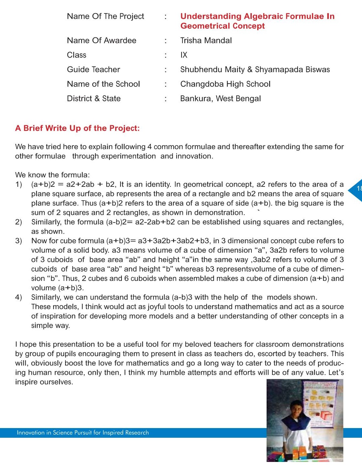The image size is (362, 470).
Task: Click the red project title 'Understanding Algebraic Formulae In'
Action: [257, 16]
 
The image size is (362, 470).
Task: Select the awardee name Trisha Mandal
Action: [206, 41]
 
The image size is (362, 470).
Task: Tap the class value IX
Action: [184, 55]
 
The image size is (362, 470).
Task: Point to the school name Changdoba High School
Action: [225, 84]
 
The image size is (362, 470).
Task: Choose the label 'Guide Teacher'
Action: [93, 70]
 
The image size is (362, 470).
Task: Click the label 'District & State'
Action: [94, 99]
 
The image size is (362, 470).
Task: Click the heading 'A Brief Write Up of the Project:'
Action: [77, 128]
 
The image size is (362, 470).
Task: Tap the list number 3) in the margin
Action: [19, 241]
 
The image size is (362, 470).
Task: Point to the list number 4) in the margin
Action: [19, 297]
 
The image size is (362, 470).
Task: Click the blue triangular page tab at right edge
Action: [356, 190]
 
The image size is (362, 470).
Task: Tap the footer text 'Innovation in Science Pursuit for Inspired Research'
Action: [83, 433]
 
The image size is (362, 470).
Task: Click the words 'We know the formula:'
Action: [53, 175]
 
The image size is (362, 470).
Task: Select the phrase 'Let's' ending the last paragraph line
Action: [336, 373]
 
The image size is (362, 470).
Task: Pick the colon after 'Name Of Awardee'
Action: [166, 41]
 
